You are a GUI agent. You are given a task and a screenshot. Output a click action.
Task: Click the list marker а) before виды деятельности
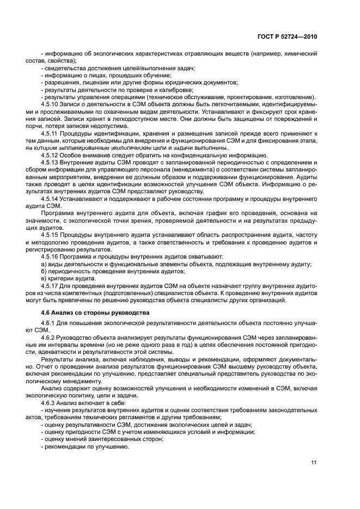44,264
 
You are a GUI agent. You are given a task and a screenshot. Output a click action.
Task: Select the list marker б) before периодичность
44,271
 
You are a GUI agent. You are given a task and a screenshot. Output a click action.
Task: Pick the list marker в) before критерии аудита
44,278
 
